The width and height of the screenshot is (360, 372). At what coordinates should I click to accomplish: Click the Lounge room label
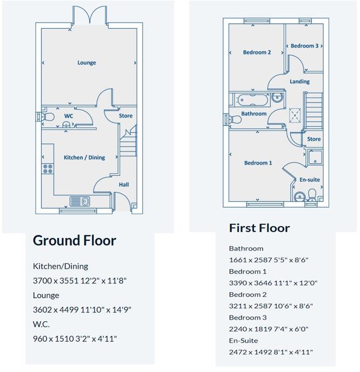pos(86,63)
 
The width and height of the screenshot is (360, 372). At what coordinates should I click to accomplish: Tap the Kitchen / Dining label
pos(84,158)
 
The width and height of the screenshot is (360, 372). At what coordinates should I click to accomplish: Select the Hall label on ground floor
pos(124,185)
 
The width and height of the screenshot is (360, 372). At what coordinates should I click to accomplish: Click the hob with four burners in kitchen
pos(48,168)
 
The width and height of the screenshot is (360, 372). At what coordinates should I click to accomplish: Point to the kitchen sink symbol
pos(79,201)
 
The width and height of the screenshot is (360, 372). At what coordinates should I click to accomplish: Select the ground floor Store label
pos(125,116)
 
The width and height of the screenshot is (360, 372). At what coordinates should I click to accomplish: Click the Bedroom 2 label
pos(257,52)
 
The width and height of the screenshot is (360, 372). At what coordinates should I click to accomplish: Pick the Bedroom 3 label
pos(304,46)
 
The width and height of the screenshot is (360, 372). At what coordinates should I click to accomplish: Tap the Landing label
pos(299,82)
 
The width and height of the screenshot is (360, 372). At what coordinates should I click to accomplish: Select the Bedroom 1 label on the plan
pos(258,163)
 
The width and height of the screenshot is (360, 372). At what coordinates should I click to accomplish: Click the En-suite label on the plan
pos(309,179)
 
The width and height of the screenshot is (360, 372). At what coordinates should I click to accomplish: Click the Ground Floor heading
pos(75,240)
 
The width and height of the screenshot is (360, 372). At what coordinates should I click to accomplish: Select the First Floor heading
pos(259,228)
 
